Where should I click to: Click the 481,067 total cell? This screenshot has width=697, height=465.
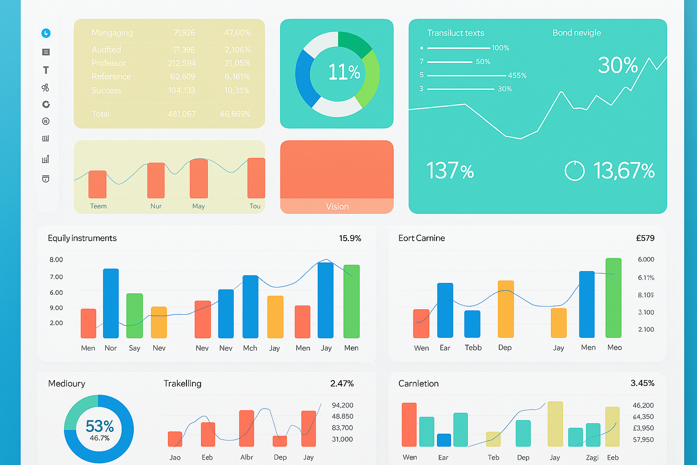(x=182, y=114)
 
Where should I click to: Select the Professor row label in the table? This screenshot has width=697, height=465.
(x=108, y=63)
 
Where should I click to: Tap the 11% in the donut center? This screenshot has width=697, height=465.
(x=344, y=72)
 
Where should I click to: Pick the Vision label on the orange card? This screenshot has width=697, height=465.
(x=337, y=207)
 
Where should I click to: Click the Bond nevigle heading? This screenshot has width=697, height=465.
(x=576, y=33)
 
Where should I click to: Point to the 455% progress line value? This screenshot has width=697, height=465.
(x=517, y=75)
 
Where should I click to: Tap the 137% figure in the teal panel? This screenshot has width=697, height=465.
(x=450, y=171)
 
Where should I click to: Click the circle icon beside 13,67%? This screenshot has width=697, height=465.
(x=574, y=171)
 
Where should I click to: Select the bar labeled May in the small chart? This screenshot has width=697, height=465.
(x=199, y=178)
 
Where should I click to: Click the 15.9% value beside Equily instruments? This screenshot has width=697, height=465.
(x=350, y=238)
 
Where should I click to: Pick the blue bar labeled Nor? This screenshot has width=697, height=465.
(x=111, y=303)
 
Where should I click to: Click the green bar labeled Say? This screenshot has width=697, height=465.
(x=134, y=316)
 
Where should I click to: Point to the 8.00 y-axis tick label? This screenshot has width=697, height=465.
(x=56, y=260)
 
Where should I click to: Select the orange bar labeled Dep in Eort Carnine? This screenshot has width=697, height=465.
(x=506, y=309)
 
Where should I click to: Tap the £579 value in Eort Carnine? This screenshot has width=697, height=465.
(x=645, y=238)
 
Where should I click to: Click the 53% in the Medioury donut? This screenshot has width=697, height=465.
(x=99, y=426)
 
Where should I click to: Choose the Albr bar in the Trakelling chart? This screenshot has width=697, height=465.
(x=246, y=428)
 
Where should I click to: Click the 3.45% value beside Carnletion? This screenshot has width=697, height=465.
(x=642, y=383)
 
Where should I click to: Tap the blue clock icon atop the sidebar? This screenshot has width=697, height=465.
(x=46, y=33)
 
